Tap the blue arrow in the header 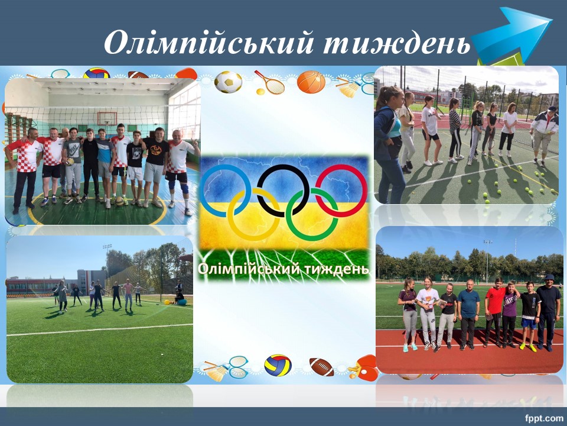(x=512, y=35)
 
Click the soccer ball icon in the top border (x=228, y=82)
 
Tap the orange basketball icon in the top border (x=311, y=82)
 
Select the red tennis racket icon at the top (x=270, y=82)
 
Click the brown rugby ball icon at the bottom (x=322, y=367)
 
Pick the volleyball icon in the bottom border (x=278, y=365)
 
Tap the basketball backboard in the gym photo (x=107, y=118)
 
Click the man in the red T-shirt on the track (x=494, y=312)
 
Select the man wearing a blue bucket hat (x=549, y=312)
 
